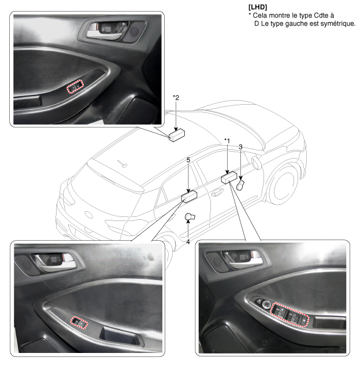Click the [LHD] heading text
258,7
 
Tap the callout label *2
176,97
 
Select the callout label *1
227,141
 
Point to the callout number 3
240,147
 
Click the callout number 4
188,242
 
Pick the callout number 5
188,160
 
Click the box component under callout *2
177,135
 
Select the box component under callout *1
229,178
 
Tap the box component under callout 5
190,197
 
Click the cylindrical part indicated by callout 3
240,185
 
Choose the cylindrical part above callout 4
190,217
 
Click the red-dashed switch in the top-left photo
75,86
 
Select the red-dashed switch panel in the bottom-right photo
290,315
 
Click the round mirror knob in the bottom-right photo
266,304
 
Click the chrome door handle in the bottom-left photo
58,262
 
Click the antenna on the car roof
123,164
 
